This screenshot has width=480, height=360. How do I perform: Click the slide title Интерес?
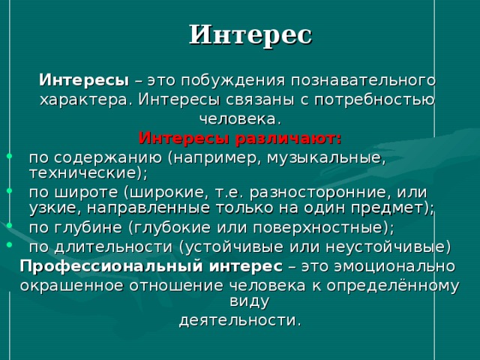click(x=250, y=35)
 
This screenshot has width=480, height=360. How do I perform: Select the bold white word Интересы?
click(x=84, y=80)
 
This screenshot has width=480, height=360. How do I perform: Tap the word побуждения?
click(x=233, y=81)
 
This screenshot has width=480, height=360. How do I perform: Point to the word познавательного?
click(x=363, y=80)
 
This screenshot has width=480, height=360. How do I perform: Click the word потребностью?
click(x=375, y=100)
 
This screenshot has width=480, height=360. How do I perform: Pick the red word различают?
click(x=288, y=139)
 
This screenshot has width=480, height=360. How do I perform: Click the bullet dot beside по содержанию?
click(x=10, y=156)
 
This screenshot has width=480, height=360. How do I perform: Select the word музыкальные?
click(x=325, y=158)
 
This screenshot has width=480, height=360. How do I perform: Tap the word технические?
click(x=82, y=173)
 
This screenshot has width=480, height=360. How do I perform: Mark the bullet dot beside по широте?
click(x=10, y=190)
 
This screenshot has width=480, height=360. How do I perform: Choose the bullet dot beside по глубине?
click(x=10, y=226)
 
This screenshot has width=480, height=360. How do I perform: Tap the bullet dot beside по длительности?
click(x=10, y=244)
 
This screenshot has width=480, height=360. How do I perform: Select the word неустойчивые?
click(x=385, y=247)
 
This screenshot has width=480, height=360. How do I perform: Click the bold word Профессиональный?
click(x=112, y=267)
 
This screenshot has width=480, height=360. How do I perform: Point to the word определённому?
click(x=393, y=286)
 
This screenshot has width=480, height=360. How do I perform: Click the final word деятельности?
click(x=238, y=321)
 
